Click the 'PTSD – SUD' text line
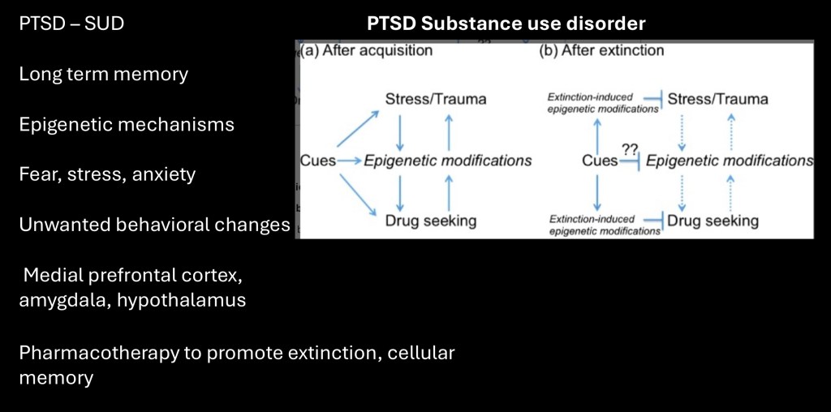72,24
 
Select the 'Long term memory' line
103,74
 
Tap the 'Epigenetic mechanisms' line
127,124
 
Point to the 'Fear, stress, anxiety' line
107,174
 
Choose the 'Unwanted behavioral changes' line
154,225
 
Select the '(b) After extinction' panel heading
602,50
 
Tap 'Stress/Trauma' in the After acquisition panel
436,99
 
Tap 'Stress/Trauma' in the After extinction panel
717,99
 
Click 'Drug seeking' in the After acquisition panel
430,220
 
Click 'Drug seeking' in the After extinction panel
713,220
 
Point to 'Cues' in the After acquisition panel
317,160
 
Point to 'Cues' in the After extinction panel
600,160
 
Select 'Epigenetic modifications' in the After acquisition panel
447,160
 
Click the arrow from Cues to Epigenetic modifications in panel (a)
349,161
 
